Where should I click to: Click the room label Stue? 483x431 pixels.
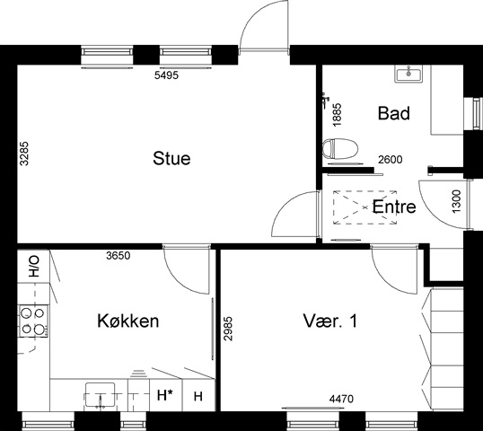(171, 158)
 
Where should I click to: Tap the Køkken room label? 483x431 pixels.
(128, 321)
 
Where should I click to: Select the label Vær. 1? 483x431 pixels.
(330, 321)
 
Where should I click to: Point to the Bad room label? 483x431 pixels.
(394, 113)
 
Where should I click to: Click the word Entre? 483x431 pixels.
(394, 207)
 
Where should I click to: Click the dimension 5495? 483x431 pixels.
(166, 75)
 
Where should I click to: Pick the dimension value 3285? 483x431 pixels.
(24, 154)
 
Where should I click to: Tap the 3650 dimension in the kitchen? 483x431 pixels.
(119, 255)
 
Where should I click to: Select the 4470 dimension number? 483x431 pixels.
(341, 399)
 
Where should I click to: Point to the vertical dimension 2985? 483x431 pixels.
(228, 329)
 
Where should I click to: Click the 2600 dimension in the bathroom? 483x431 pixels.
(391, 160)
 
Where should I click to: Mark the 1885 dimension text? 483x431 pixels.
(338, 114)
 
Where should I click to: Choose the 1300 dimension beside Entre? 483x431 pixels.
(456, 201)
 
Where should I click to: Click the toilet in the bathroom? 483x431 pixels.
(340, 149)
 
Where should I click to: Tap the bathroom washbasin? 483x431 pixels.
(408, 74)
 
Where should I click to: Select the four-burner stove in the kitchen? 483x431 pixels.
(33, 321)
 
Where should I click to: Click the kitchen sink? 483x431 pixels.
(101, 395)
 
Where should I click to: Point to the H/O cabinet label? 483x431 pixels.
(34, 266)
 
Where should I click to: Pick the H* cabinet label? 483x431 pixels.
(164, 395)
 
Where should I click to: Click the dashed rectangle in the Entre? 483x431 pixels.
(364, 207)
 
